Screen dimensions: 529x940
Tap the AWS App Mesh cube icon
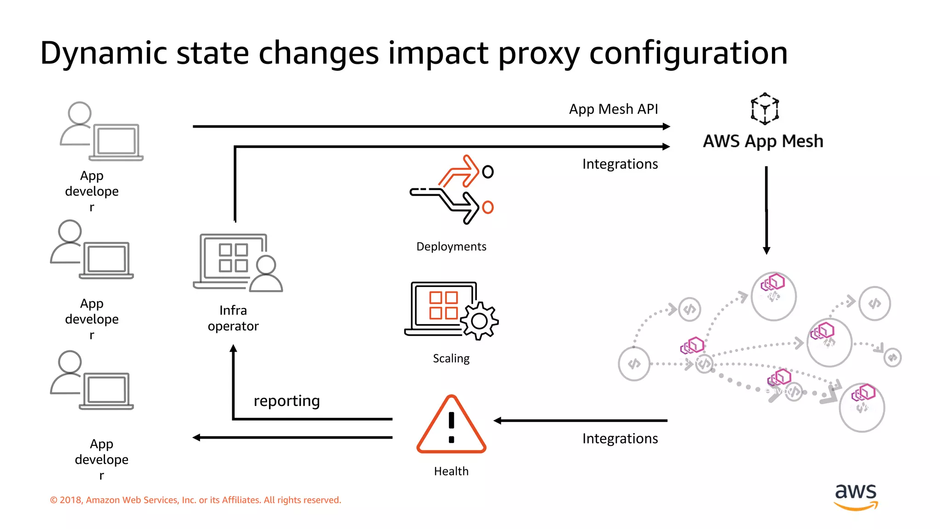click(765, 109)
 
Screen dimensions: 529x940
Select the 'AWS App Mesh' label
click(763, 141)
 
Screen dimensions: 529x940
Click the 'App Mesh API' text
click(613, 109)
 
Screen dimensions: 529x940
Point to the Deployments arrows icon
click(452, 190)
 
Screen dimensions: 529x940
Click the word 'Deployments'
click(451, 247)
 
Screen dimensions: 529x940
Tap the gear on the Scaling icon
click(480, 321)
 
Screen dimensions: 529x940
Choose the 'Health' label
click(451, 471)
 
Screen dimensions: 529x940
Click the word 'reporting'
click(287, 401)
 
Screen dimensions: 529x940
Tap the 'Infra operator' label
click(233, 318)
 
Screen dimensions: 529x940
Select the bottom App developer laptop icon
click(106, 391)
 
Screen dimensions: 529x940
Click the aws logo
click(856, 496)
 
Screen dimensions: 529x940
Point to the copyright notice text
click(196, 500)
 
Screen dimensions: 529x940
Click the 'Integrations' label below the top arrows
click(620, 164)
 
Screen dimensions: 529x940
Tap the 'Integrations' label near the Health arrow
click(620, 439)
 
